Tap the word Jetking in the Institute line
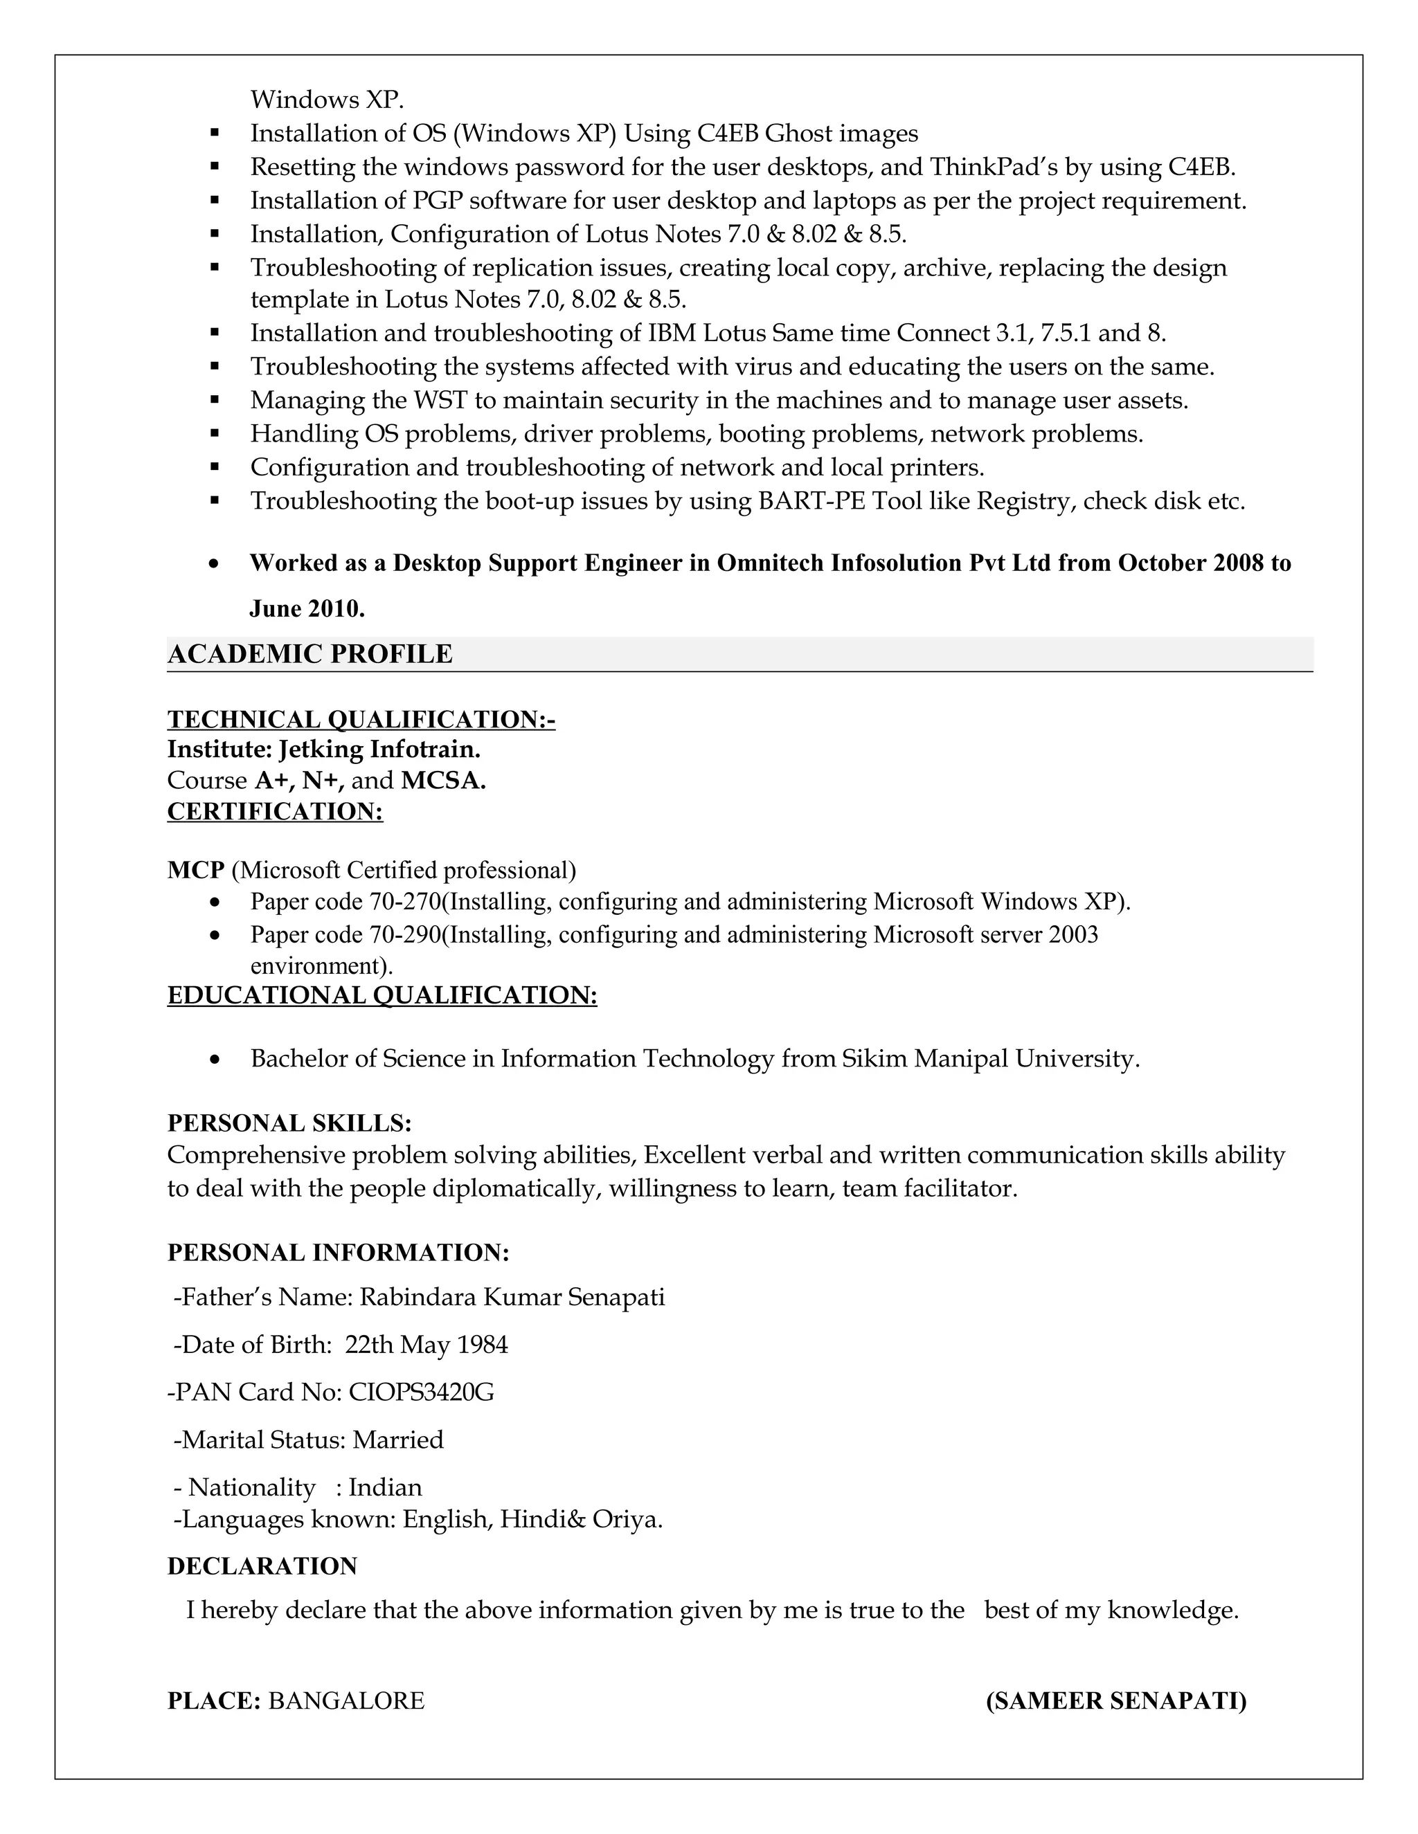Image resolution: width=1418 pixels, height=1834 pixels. pos(321,749)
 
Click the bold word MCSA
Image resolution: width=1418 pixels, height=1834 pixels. pos(442,781)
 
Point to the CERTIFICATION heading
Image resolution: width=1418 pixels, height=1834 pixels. pos(275,812)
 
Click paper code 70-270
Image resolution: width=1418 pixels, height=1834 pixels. pos(404,902)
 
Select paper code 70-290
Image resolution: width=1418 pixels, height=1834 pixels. pos(404,934)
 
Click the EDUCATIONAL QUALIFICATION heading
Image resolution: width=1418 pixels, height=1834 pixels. pos(382,995)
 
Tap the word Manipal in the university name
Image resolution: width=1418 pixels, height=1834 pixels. pos(960,1059)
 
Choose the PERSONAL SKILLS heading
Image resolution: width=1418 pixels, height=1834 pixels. pos(289,1123)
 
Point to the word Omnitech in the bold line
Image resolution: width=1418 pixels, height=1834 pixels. pos(771,563)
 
